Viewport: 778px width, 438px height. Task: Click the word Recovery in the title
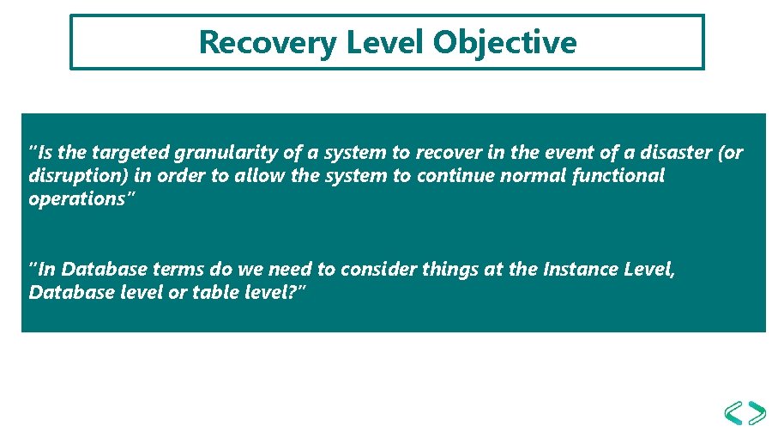(268, 43)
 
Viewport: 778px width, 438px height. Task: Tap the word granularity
(226, 153)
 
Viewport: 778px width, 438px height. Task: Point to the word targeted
(130, 153)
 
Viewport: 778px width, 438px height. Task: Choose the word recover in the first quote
(449, 153)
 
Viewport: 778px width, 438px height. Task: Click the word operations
(77, 199)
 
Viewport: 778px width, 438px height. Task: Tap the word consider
(379, 269)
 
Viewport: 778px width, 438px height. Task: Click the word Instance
(581, 269)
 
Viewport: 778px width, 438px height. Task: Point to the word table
(216, 293)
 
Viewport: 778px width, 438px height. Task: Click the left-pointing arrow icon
(734, 413)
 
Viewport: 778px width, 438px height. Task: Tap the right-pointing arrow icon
(757, 413)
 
